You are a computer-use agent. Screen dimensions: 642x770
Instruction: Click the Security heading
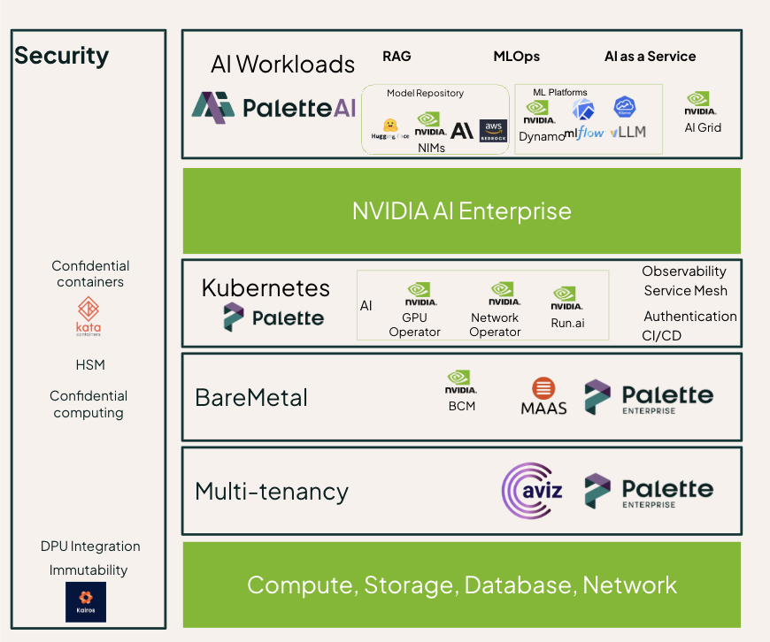62,56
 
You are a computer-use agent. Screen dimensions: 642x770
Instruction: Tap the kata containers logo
89,316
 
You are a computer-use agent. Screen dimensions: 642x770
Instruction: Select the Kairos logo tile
86,601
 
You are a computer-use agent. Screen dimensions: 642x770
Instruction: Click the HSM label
89,364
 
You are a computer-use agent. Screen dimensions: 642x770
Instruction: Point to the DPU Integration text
90,546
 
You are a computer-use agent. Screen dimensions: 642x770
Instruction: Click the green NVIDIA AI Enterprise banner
461,211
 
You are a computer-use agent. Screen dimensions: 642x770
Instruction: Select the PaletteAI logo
274,107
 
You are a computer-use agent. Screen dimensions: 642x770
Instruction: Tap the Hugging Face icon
389,128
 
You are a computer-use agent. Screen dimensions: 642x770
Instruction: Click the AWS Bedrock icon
493,131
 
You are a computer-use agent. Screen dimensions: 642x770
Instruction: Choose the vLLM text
628,132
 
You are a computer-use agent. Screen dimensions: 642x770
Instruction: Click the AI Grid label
703,127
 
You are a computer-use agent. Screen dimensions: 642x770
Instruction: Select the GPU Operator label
414,325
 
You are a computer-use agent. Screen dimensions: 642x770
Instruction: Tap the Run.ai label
567,323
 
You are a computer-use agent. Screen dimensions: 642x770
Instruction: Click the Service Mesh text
685,291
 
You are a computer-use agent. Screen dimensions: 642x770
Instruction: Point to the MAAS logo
543,397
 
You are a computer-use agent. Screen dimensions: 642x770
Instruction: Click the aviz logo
533,490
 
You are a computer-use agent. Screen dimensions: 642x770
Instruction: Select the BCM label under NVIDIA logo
462,406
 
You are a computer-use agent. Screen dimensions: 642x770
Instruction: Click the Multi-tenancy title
272,491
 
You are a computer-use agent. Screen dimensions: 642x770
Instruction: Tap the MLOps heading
516,57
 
